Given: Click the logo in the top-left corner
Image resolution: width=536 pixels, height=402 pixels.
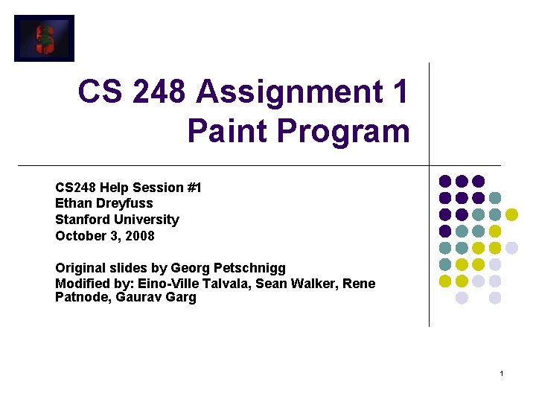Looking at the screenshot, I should tap(44, 38).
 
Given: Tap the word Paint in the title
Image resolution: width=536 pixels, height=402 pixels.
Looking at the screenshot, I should tap(227, 131).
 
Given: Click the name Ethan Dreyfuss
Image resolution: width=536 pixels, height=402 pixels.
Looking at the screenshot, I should tap(104, 203).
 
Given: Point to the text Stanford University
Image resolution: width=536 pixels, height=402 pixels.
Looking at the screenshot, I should tap(117, 220).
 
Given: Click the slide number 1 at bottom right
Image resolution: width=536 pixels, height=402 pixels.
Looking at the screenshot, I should tap(502, 373).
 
